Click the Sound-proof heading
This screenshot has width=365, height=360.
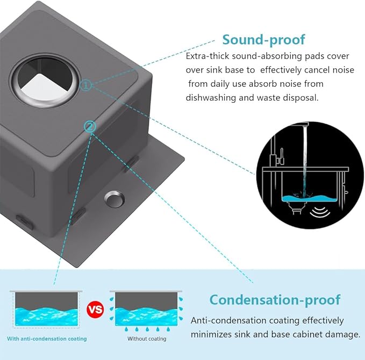tap(263, 40)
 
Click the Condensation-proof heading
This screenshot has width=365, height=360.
tap(275, 299)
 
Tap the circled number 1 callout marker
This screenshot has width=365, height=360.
tap(87, 85)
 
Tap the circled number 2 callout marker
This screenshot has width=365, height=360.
tap(90, 127)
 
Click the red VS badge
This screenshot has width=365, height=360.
tap(95, 311)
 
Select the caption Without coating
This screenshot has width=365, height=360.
tap(146, 339)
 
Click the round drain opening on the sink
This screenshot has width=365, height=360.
tap(45, 81)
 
